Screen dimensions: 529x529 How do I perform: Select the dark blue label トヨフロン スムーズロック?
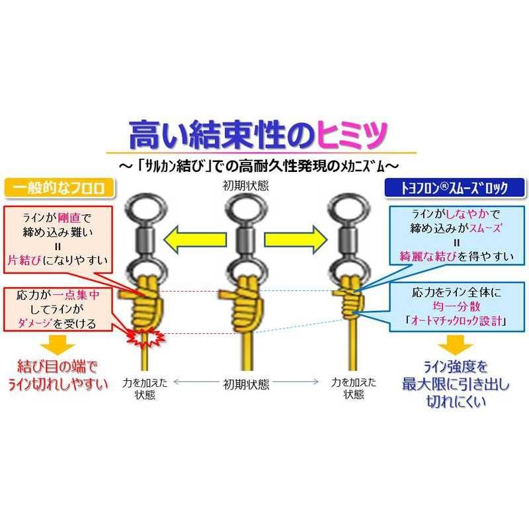point(454,188)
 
